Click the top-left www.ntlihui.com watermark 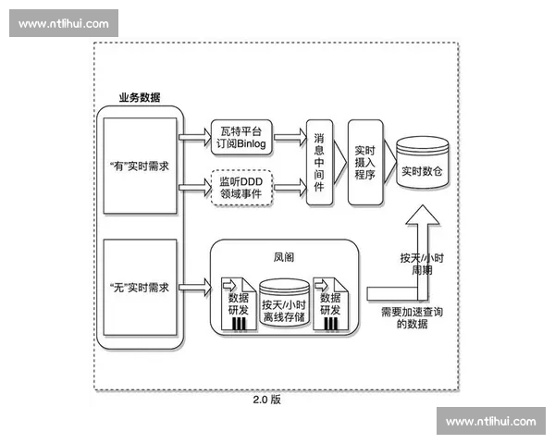(64, 23)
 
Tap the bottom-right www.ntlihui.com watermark (490, 421)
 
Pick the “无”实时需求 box (139, 288)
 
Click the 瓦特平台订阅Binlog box (242, 135)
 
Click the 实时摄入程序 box (364, 161)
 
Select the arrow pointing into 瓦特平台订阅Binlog (193, 136)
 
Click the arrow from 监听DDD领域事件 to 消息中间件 (290, 187)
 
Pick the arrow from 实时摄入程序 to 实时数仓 (388, 161)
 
